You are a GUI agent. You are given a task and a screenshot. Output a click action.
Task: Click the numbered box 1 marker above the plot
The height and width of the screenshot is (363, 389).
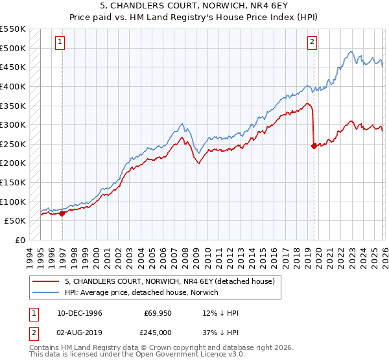pyautogui.click(x=59, y=42)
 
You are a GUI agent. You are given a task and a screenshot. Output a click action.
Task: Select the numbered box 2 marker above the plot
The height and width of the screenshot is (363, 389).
pyautogui.click(x=312, y=42)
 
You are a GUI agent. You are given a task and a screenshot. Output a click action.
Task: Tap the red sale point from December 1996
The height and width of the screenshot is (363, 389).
pyautogui.click(x=62, y=213)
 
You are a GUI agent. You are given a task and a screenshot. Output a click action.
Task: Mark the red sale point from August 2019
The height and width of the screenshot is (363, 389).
pyautogui.click(x=314, y=146)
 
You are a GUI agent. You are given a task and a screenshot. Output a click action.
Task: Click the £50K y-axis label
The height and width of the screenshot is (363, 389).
pyautogui.click(x=16, y=221)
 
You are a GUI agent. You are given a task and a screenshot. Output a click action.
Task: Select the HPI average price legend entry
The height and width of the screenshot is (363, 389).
pyautogui.click(x=142, y=292)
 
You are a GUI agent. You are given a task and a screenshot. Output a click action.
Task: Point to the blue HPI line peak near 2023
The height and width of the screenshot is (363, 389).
pyautogui.click(x=350, y=52)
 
